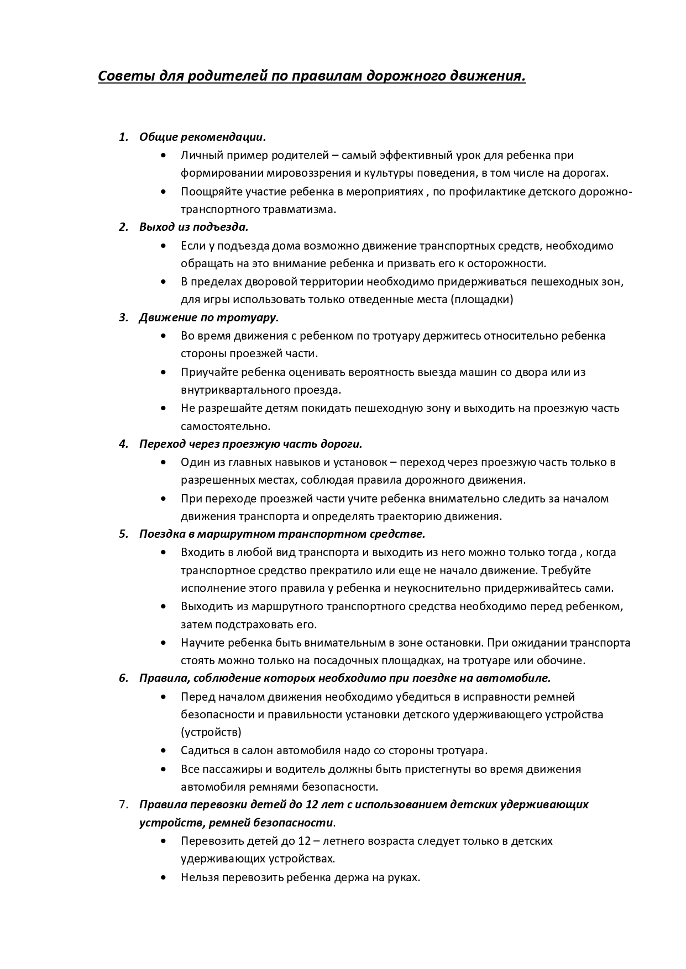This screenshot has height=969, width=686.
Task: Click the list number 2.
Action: pyautogui.click(x=123, y=227)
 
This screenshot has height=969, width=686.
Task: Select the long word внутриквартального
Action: pyautogui.click(x=232, y=390)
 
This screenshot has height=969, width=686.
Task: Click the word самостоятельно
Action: pyautogui.click(x=225, y=426)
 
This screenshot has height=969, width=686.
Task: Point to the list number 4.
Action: pyautogui.click(x=123, y=444)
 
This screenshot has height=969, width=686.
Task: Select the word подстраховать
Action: pyautogui.click(x=260, y=625)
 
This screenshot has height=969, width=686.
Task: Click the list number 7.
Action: pyautogui.click(x=123, y=804)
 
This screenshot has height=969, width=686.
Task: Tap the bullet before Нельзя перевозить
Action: pyautogui.click(x=163, y=877)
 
